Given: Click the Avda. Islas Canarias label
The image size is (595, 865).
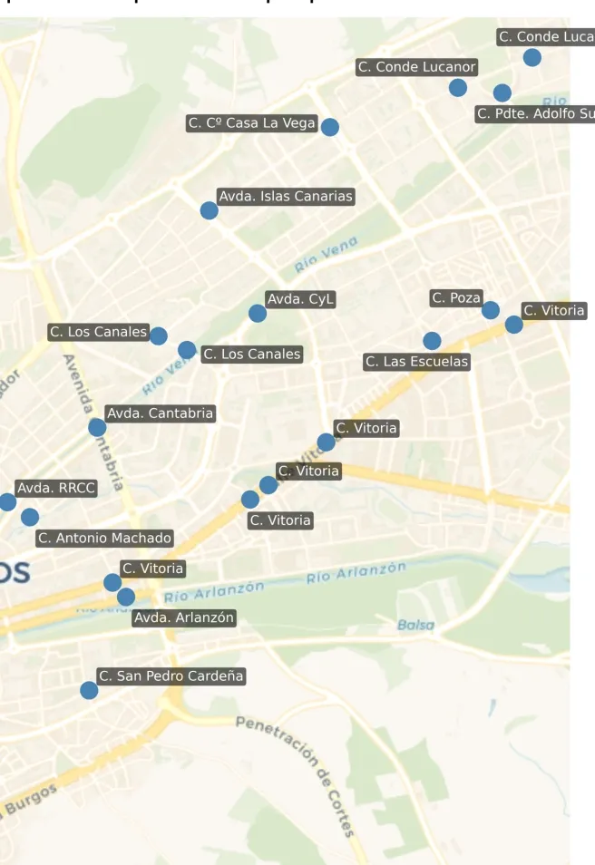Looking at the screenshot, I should [286, 196].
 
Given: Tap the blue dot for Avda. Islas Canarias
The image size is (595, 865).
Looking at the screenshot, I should [210, 210].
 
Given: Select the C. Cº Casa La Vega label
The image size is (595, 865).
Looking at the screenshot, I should [251, 123].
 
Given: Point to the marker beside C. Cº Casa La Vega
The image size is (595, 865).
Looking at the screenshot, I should [330, 127].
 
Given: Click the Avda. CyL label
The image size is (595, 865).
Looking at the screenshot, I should [301, 299].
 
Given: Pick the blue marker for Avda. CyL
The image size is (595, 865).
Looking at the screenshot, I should [258, 314].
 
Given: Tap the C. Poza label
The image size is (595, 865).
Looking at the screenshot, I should [456, 297].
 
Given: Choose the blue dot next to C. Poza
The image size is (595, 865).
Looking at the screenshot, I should [491, 310].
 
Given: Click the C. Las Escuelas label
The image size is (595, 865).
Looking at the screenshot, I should [417, 362].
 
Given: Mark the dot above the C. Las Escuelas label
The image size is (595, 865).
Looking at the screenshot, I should [433, 341].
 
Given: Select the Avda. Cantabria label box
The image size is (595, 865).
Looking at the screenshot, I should [160, 413].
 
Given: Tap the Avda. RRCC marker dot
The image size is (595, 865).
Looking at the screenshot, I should [7, 502].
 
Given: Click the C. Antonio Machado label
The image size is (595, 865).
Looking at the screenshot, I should [104, 539].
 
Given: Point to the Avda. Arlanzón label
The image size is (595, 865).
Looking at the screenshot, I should [184, 617].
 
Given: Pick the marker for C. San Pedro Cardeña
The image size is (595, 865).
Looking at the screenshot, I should [89, 690].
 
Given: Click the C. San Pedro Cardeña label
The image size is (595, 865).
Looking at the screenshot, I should [171, 676].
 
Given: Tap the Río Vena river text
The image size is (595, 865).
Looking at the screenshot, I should [327, 254].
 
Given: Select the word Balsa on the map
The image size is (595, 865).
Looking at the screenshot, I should [415, 625].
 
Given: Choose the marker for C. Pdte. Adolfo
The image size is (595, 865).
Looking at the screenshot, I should [502, 92].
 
